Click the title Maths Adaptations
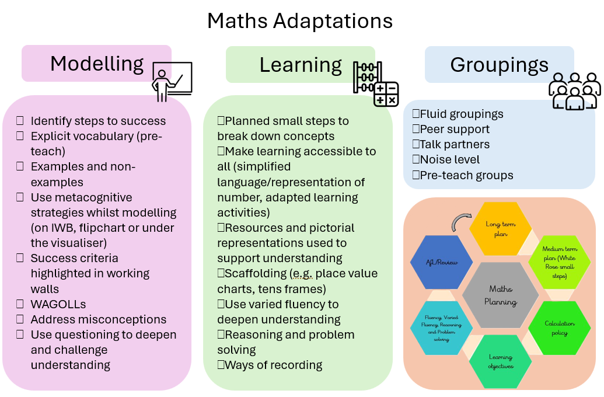[x=300, y=21]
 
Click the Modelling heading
[x=96, y=64]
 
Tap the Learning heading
[x=301, y=65]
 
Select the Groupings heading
[x=499, y=65]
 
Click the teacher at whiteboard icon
[x=172, y=81]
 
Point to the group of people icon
[x=574, y=91]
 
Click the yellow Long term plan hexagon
[x=500, y=228]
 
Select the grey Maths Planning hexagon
[x=500, y=295]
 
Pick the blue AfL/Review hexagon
[x=442, y=262]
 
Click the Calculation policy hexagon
[x=559, y=328]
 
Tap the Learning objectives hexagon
[x=500, y=361]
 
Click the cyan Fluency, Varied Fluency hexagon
[x=442, y=328]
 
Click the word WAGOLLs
[x=58, y=304]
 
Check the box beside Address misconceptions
[x=20, y=319]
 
